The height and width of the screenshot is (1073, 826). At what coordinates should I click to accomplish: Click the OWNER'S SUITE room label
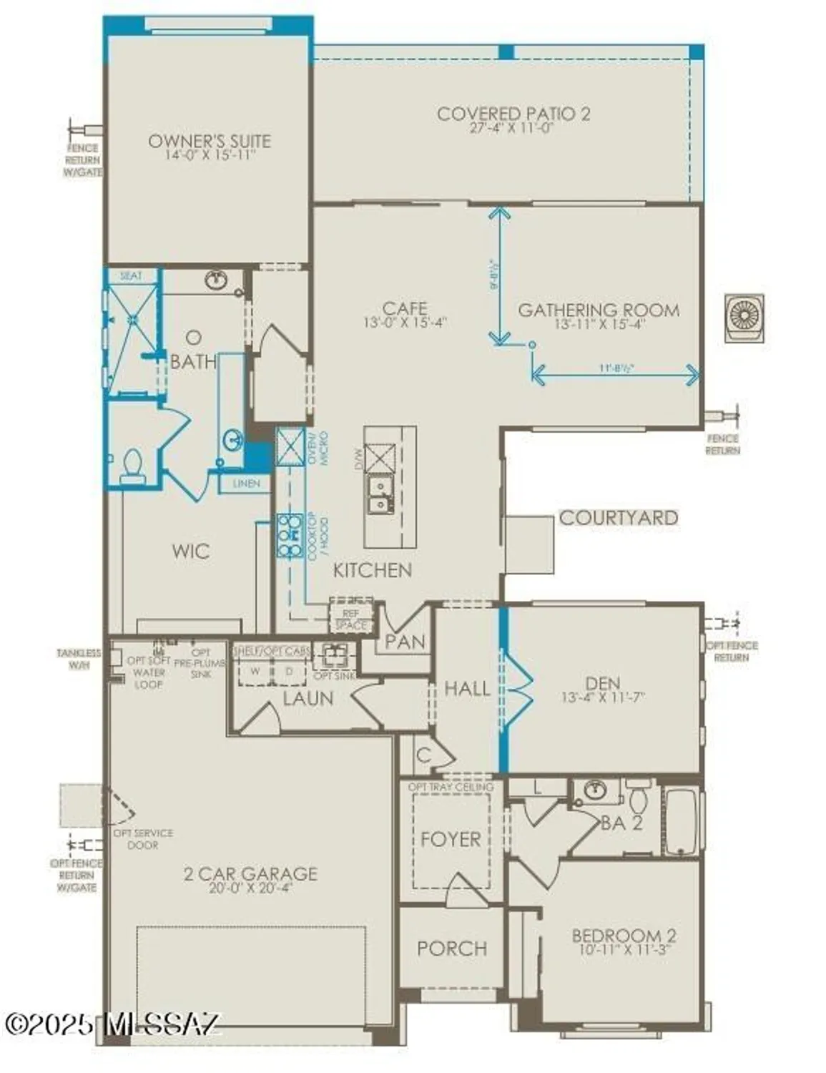tap(209, 141)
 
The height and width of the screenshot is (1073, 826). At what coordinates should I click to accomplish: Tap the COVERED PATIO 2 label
tap(513, 114)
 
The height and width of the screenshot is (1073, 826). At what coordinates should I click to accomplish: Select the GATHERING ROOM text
tap(599, 310)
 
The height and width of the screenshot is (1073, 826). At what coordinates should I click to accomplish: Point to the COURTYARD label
tap(618, 517)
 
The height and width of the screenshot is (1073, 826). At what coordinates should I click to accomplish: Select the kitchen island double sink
tap(379, 495)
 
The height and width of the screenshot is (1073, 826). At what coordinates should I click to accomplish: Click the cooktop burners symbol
tap(290, 534)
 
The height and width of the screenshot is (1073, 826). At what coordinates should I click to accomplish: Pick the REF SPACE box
tap(350, 619)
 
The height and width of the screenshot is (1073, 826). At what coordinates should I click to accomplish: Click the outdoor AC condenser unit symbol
tap(744, 317)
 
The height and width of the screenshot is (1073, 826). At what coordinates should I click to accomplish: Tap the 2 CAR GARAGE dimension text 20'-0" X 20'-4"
tap(250, 888)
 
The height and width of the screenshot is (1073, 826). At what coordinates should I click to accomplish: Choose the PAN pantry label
tap(405, 642)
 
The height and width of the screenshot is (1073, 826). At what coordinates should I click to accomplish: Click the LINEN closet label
tap(247, 484)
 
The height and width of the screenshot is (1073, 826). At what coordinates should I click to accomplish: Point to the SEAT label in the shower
tap(131, 275)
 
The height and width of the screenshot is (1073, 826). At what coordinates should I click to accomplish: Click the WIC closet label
tap(191, 551)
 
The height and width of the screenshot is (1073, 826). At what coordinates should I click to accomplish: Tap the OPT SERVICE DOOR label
tap(143, 839)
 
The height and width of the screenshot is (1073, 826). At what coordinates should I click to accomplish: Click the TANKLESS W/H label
tap(79, 659)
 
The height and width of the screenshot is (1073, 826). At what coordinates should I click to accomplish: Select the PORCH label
tap(452, 949)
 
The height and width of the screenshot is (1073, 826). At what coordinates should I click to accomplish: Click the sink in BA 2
tap(595, 790)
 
